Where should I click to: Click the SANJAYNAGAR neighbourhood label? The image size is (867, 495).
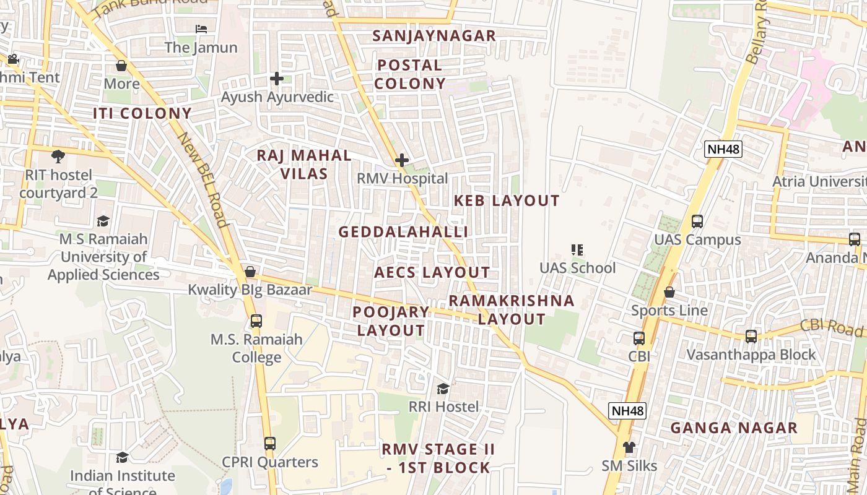point(434,36)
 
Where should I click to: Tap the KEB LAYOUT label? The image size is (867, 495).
point(507,200)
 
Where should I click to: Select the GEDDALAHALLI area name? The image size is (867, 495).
point(404,231)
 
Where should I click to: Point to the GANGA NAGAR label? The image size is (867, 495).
point(734,428)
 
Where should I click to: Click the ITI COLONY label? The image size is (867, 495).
point(142,113)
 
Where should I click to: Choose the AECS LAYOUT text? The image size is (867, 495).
point(432,272)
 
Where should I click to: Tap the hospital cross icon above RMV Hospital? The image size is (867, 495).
point(402,161)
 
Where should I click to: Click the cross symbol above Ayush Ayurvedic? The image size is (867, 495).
point(277,79)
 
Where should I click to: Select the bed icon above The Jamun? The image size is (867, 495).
point(201,28)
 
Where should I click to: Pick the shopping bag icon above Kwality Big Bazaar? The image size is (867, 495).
point(250,272)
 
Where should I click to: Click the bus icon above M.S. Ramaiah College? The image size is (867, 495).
point(256,321)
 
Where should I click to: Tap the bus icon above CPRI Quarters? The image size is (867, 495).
point(270,444)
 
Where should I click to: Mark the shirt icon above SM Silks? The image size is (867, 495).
point(629,447)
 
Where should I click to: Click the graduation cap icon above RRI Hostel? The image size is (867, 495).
point(443,389)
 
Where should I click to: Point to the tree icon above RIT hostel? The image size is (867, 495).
point(58,156)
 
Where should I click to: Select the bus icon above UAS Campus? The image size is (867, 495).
point(697,221)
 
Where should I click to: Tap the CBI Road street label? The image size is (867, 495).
point(832,327)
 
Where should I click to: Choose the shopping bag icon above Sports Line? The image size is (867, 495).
point(669,291)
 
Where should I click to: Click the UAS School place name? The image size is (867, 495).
point(577,268)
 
